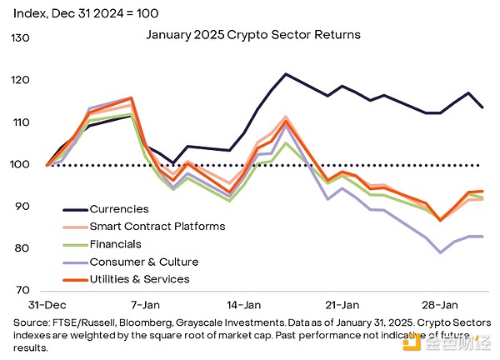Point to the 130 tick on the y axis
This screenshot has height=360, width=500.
click(19, 38)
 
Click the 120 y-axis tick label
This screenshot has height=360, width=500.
click(19, 80)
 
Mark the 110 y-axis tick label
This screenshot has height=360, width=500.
click(19, 122)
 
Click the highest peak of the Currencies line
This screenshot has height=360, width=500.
click(286, 74)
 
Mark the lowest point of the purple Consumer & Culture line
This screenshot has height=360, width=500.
click(440, 252)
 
